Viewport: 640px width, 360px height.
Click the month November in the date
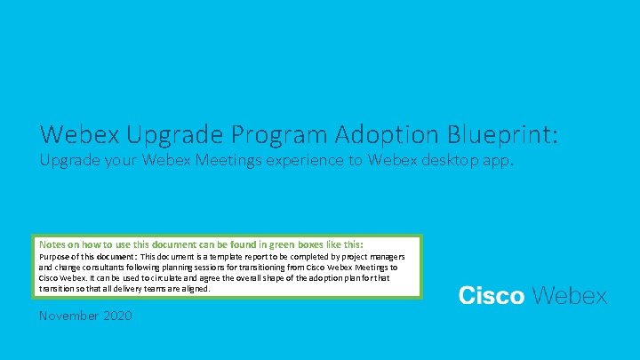pyautogui.click(x=69, y=316)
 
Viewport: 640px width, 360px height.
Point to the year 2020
pyautogui.click(x=118, y=316)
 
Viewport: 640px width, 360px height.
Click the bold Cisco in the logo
pyautogui.click(x=491, y=297)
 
